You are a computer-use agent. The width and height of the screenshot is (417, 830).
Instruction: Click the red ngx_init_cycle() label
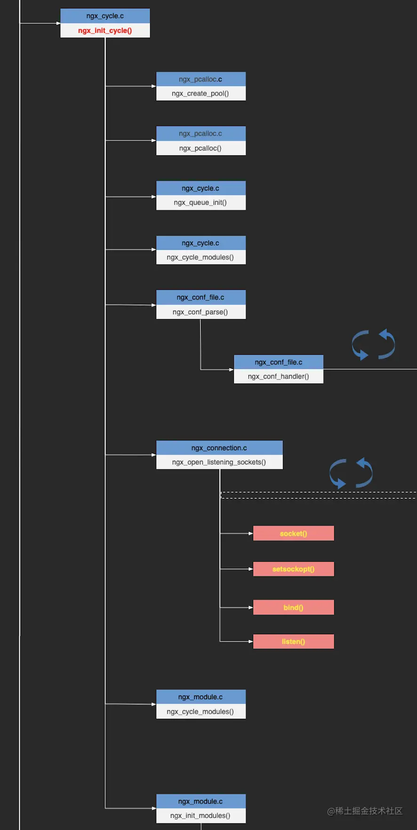coord(105,31)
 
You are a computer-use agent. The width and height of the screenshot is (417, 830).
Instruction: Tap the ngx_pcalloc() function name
coord(200,148)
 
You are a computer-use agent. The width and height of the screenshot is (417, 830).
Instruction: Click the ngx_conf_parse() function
coord(200,312)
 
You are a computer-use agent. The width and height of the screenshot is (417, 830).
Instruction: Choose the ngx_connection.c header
coord(219,447)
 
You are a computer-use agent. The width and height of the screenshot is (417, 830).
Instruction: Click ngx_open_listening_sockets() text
coord(219,462)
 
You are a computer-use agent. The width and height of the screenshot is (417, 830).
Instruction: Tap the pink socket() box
coord(294,533)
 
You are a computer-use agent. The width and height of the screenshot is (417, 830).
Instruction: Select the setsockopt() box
coord(294,569)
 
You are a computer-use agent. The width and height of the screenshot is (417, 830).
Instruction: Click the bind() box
coord(294,607)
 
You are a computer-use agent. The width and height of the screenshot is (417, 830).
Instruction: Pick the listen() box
coord(294,641)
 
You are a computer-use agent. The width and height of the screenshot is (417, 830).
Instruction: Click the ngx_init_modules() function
coord(200,815)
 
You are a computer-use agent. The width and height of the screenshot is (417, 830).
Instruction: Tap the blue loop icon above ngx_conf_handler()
coord(374,344)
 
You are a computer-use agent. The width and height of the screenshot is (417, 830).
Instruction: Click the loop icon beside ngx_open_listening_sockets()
coord(351,473)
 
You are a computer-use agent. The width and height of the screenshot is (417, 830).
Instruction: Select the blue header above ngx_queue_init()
coord(201,188)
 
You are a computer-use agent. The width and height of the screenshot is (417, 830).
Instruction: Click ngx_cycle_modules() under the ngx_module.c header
coord(200,711)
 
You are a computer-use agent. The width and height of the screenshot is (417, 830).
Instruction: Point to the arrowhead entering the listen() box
coord(251,641)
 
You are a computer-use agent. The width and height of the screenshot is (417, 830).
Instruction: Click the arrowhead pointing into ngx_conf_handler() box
coord(232,369)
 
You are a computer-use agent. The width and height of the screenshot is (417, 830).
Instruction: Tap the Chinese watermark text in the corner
coord(365,811)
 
